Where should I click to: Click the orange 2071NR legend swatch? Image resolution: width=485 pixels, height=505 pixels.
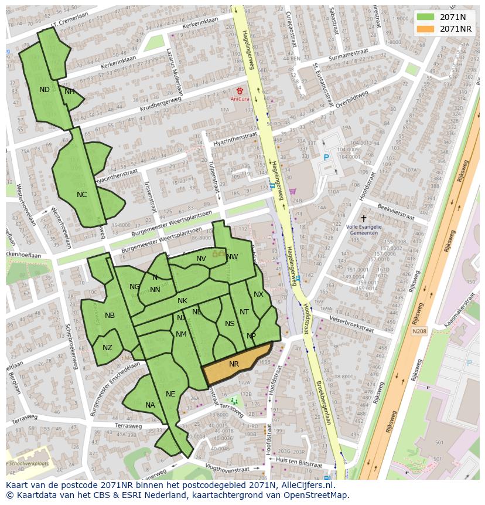click(x=425, y=29)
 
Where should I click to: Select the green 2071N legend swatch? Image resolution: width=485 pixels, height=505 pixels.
click(x=425, y=17)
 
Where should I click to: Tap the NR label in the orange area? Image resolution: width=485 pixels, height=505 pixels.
click(x=234, y=364)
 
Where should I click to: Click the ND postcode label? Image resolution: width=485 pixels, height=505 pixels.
click(x=45, y=90)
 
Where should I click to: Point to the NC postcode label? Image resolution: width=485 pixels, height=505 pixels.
click(x=81, y=195)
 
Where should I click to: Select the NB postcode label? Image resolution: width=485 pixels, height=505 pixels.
click(x=110, y=316)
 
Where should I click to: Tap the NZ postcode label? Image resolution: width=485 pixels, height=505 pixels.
click(x=107, y=348)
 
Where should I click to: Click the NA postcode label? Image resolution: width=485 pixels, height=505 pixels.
click(x=150, y=405)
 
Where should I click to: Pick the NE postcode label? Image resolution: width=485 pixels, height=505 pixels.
click(x=170, y=394)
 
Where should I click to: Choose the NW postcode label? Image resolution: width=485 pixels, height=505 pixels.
click(x=232, y=257)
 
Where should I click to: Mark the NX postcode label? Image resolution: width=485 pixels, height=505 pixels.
click(x=258, y=294)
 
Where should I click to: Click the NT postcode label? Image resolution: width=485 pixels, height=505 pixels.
click(x=244, y=312)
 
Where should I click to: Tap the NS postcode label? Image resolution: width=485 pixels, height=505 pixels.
click(x=230, y=324)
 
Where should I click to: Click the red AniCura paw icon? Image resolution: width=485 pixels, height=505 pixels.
click(x=240, y=91)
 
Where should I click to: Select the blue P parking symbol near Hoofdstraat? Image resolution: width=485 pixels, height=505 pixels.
click(x=327, y=157)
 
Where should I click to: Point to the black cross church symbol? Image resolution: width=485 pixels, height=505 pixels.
click(x=363, y=218)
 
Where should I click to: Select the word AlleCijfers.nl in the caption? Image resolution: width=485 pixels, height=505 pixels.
click(x=306, y=486)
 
